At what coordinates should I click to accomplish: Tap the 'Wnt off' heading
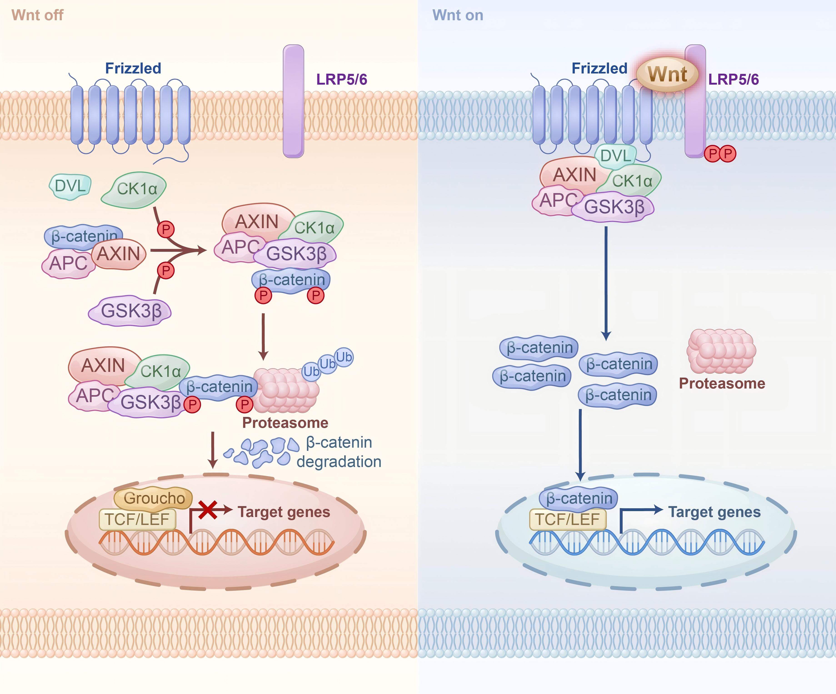(37, 15)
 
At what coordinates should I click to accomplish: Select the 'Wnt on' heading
(458, 15)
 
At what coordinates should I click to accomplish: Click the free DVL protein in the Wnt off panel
(70, 186)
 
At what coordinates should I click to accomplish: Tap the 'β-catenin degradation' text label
(339, 452)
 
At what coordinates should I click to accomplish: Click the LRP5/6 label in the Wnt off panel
(342, 79)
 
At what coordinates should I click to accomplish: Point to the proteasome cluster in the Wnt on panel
(721, 351)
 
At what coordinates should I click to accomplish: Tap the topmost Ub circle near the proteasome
(344, 357)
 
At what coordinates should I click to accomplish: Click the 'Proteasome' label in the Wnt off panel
(285, 423)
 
